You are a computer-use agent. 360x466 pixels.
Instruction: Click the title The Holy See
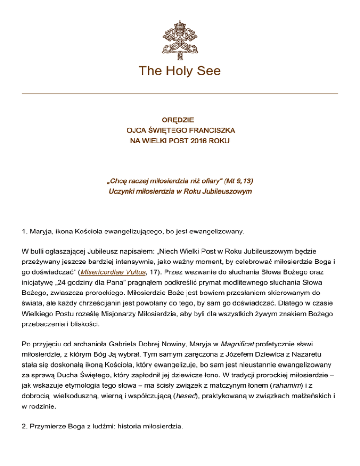click(180, 71)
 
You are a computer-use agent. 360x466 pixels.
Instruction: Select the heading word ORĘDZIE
click(180, 120)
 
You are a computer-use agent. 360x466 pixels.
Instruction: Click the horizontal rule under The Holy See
click(180, 93)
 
